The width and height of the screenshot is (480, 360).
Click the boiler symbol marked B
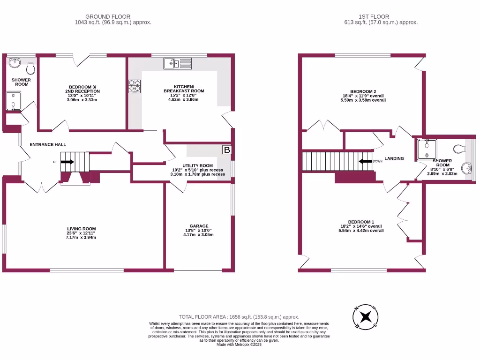tap(226, 150)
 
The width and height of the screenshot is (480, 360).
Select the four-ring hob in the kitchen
tap(135, 86)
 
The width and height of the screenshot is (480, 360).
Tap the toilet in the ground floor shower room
tap(30, 69)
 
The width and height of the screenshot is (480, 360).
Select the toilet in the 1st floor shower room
tap(459, 149)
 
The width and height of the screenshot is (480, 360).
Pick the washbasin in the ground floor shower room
tap(14, 62)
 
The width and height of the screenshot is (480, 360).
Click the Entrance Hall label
tap(48, 145)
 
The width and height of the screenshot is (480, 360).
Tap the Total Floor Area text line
tap(239, 317)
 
